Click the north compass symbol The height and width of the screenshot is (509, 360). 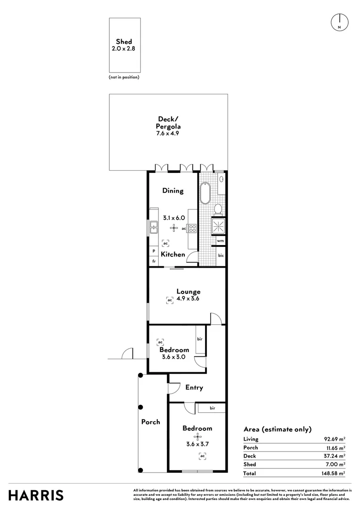(x=339, y=22)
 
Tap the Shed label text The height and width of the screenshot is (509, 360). (x=124, y=42)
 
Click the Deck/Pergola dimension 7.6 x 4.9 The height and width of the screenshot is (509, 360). (x=167, y=133)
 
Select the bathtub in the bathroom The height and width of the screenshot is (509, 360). (x=205, y=193)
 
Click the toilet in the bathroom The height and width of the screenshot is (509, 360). (x=218, y=208)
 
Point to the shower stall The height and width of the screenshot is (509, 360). (x=218, y=226)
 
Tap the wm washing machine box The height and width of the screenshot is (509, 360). (x=220, y=241)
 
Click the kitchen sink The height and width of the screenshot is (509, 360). (x=154, y=229)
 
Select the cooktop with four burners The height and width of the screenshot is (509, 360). (x=192, y=229)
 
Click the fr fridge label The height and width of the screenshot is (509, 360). (x=154, y=261)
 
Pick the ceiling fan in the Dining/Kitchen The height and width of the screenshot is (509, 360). (x=174, y=228)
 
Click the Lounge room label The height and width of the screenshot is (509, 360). (x=188, y=292)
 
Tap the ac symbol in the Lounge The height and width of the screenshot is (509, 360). (x=169, y=299)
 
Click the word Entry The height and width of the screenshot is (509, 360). (x=194, y=387)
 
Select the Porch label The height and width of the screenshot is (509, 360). (x=151, y=422)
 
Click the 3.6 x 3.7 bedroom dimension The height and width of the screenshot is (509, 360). (x=197, y=443)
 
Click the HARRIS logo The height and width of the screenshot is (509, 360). (x=36, y=495)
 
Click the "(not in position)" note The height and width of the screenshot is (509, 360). (x=124, y=77)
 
